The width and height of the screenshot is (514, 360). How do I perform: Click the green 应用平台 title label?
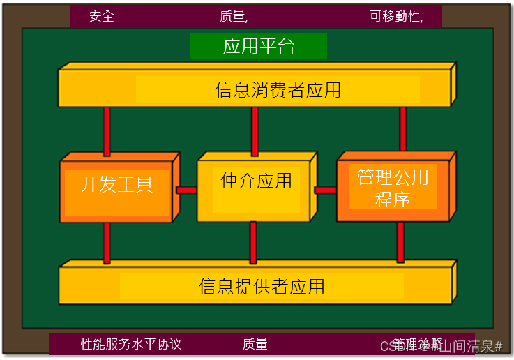pos(259,46)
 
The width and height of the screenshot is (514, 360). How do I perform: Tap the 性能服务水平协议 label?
pos(131,344)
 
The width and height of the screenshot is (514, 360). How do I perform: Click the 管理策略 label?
pos(417,344)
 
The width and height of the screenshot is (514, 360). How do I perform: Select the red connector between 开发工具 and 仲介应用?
pos(186,190)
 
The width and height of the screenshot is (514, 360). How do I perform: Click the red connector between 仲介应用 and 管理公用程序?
pos(325,190)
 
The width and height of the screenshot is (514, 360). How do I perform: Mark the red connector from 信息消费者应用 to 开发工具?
pos(107,130)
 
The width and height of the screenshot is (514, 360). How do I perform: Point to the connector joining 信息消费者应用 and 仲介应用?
pos(255,131)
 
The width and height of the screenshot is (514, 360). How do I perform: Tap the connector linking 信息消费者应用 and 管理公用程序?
pos(403,128)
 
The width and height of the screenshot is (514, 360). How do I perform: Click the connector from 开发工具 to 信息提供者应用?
pos(107,242)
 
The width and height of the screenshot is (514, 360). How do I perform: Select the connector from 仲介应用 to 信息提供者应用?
pos(253,242)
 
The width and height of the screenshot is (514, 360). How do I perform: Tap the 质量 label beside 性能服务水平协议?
pos(255,344)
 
